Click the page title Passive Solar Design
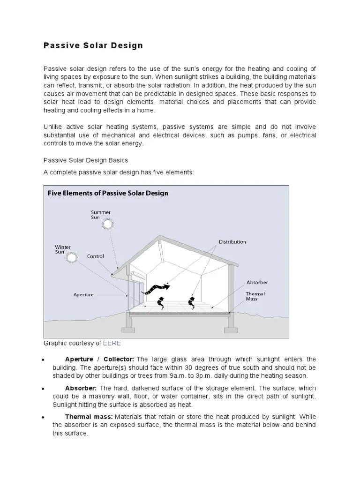coord(93,45)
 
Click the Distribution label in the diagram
coord(232,242)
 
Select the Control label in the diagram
coord(96,256)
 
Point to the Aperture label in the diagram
coord(83,295)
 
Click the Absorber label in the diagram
coord(257,283)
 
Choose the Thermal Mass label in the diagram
coord(255,297)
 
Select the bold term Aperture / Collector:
coord(100,359)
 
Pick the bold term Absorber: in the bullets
coord(81,388)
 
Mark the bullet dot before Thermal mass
coord(43,417)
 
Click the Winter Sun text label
coord(63,249)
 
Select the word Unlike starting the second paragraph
coord(52,127)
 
